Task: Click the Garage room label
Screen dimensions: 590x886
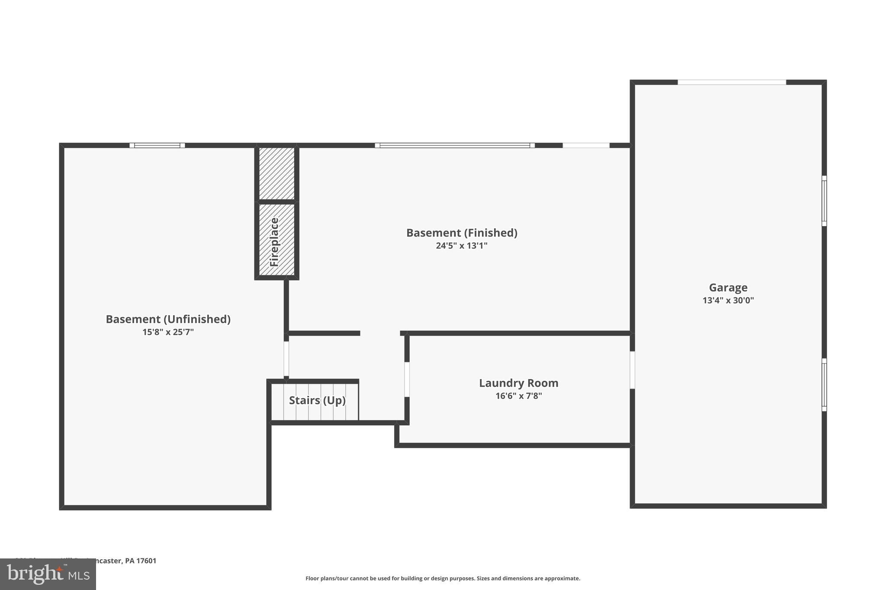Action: tap(728, 287)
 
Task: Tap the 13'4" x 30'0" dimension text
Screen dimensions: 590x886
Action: tap(728, 300)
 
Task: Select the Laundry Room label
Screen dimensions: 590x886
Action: tap(518, 383)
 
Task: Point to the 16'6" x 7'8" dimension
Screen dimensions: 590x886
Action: tap(518, 396)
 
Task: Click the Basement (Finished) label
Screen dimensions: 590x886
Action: tap(461, 233)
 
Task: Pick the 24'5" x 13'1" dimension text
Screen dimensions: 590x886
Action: tap(461, 246)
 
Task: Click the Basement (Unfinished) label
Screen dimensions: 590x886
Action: tap(168, 319)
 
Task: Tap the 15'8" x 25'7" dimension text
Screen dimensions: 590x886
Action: tap(168, 332)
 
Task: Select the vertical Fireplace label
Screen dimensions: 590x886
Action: tap(274, 242)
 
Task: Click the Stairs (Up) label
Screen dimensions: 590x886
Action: tap(317, 400)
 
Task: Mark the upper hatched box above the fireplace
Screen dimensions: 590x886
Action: tap(276, 173)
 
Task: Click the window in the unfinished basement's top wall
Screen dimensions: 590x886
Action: tap(157, 145)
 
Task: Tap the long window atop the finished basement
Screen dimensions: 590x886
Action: tap(454, 145)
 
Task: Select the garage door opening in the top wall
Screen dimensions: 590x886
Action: tap(731, 82)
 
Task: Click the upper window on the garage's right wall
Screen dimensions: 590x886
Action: tap(824, 201)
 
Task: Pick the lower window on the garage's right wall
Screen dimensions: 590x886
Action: tap(824, 384)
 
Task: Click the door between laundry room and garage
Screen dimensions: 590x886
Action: tap(632, 370)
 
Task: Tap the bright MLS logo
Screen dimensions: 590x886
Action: tap(48, 574)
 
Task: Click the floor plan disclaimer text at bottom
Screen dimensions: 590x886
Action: tap(443, 578)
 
